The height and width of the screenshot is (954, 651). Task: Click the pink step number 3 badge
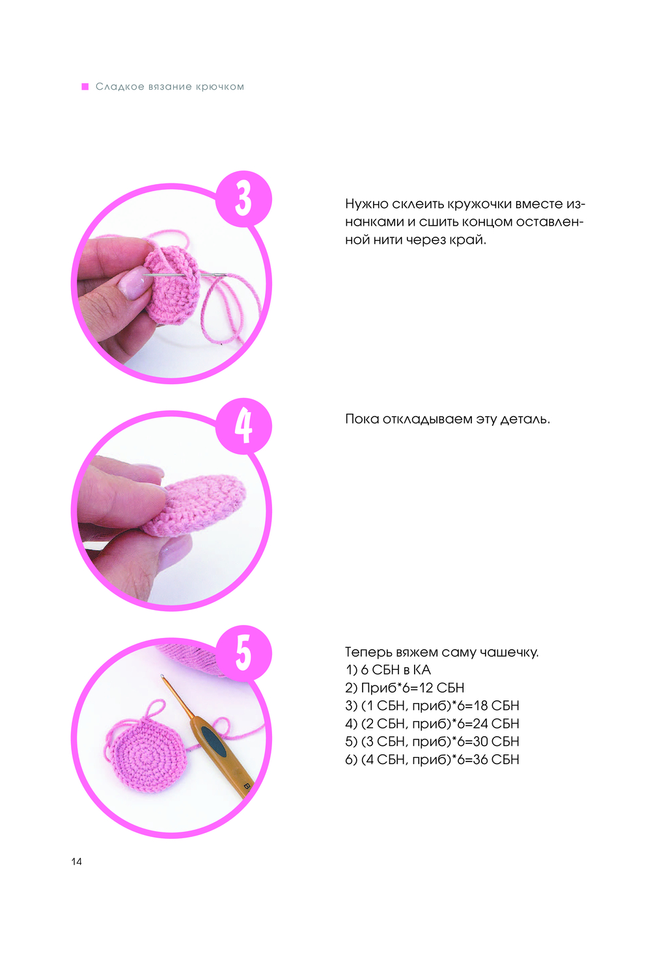pyautogui.click(x=243, y=198)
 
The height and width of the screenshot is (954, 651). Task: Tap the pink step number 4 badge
pyautogui.click(x=243, y=425)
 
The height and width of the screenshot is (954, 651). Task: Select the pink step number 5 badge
pyautogui.click(x=243, y=653)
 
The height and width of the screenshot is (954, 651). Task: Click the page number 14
pyautogui.click(x=77, y=862)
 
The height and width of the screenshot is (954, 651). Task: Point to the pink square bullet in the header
pyautogui.click(x=85, y=86)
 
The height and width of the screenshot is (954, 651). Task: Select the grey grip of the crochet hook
pyautogui.click(x=214, y=741)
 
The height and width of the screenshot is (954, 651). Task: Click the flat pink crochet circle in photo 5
pyautogui.click(x=148, y=755)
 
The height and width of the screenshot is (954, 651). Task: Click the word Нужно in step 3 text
pyautogui.click(x=367, y=204)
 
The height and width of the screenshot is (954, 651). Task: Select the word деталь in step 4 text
pyautogui.click(x=525, y=419)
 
